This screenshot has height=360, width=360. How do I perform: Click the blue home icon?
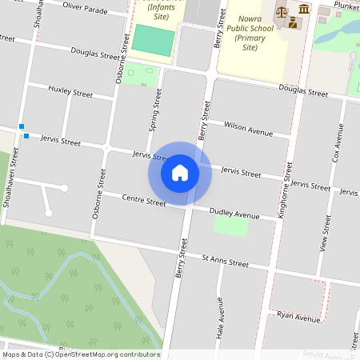pos(180,173)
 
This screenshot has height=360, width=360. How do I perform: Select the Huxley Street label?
pos(70,91)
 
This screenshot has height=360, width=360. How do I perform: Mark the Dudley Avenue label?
pos(234,214)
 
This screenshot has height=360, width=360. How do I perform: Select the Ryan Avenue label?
pos(298,317)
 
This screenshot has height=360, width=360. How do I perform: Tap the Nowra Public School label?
pos(250,31)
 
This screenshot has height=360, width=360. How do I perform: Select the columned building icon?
pos(305,9)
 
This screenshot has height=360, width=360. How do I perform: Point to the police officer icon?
pos(294,22)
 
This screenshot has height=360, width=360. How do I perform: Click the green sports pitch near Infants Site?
pos(152,40)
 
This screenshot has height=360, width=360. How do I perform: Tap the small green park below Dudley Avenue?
pos(230,226)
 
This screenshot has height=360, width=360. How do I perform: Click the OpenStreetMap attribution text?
pos(80,354)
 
